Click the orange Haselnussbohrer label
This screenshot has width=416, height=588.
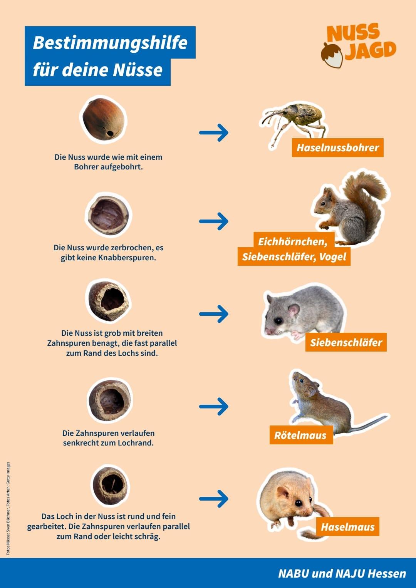tap(337, 147)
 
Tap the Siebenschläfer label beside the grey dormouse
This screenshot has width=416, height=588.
tap(346, 342)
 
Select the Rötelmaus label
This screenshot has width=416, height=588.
tap(300, 436)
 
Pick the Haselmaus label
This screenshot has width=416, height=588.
tap(347, 527)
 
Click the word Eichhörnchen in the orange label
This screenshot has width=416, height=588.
tap(292, 241)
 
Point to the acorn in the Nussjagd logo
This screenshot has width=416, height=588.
tap(332, 55)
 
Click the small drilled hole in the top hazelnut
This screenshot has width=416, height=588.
tap(110, 134)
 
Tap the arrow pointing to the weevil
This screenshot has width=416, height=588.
tap(214, 132)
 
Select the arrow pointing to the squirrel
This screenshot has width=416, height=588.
tap(214, 221)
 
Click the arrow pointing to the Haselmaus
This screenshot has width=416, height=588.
tap(214, 499)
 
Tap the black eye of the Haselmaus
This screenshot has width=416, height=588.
tap(298, 503)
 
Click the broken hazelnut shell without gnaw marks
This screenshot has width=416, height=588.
tap(108, 215)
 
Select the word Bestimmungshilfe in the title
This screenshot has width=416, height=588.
tap(110, 42)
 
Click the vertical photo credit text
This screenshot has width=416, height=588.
tap(8, 508)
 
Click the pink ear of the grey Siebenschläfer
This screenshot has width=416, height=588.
tap(294, 310)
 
